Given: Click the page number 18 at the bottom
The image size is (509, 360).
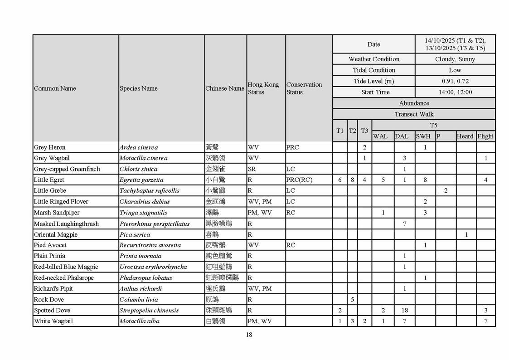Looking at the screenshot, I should tap(249, 335).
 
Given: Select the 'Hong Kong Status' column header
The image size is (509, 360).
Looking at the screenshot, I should tap(263, 88).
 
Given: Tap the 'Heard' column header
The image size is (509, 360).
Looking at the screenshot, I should tap(465, 136).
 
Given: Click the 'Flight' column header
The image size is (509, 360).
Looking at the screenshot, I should tap(485, 136).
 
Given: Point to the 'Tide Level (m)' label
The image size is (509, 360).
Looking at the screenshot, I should tap(373, 81).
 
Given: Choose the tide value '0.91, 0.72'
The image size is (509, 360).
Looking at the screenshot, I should tap(455, 81).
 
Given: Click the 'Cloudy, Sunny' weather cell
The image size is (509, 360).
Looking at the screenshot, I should tap(455, 59).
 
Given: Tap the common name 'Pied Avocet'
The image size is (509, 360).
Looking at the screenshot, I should tap(50, 245).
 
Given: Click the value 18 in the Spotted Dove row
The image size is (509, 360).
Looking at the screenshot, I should tap(404, 311).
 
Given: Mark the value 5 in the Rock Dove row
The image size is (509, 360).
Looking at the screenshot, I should tap(352, 300).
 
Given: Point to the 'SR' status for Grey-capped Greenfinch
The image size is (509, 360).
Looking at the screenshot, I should tap(252, 169).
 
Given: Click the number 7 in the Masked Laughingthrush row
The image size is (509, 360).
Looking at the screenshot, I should tap(404, 224).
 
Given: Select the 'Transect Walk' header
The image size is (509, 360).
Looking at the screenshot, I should tap(414, 114).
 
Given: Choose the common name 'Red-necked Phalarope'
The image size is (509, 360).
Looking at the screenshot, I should tap(63, 278).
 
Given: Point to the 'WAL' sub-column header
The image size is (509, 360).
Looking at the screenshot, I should tap(380, 136).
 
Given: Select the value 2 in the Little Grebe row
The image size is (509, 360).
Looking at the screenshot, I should tap(446, 191).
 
